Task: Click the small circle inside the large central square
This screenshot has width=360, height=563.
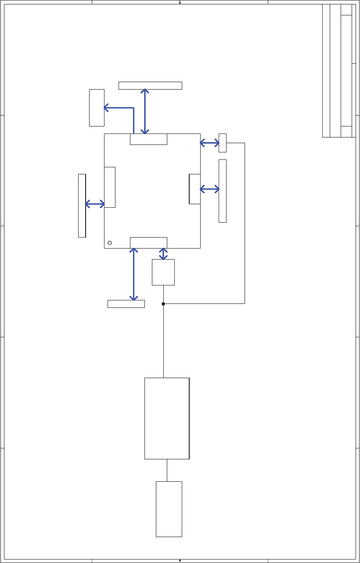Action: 110,243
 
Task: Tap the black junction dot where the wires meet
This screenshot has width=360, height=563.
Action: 163,303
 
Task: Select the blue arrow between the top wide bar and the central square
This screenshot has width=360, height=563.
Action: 145,112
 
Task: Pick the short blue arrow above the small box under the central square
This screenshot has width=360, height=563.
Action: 163,254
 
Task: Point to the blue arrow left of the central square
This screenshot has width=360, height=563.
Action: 95,204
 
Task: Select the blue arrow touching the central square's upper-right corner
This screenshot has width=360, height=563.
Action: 209,143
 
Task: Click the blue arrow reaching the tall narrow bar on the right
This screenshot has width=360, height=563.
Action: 209,189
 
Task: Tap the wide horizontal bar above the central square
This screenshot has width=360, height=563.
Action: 150,85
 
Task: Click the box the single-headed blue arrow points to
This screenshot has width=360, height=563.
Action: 97,108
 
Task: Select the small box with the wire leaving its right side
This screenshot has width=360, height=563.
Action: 223,143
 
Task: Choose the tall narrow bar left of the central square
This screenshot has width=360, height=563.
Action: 82,206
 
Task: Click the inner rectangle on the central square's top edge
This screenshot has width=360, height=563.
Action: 148,139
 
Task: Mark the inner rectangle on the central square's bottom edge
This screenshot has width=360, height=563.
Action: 148,242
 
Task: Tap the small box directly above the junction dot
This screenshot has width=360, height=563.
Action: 163,272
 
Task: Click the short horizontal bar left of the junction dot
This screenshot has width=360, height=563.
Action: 126,304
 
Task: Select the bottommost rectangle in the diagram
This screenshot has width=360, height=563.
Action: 169,509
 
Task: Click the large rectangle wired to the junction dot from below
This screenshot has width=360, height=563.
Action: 167,419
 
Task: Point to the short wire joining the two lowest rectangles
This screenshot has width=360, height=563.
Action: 167,470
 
